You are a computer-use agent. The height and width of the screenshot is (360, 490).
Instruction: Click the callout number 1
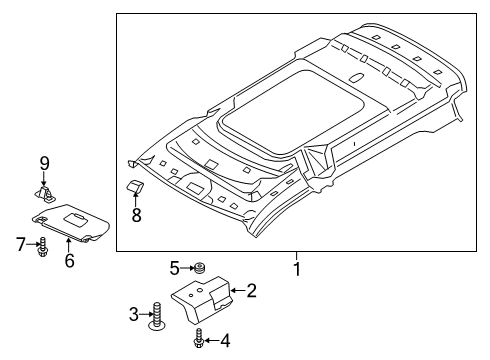coord(297,268)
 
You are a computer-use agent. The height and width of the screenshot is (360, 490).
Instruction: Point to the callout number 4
coord(225,342)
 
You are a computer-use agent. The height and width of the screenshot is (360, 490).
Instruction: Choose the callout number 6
coord(69,261)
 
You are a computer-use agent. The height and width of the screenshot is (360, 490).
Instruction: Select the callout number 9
coord(44,163)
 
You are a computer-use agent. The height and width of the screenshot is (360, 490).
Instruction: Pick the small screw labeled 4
coord(202,341)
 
